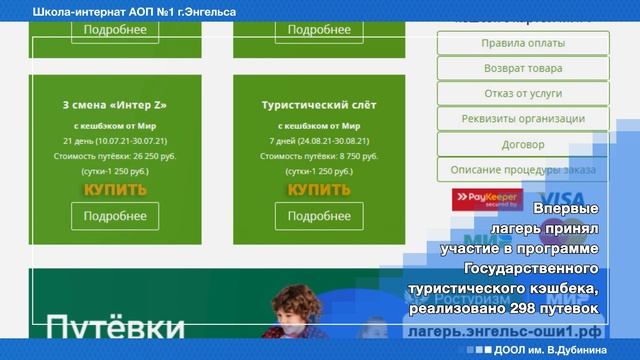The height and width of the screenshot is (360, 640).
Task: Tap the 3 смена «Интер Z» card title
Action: pos(115,104)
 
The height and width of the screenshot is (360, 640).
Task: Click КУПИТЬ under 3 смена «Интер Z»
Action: pos(115,189)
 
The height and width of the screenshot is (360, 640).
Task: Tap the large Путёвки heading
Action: pos(115,329)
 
